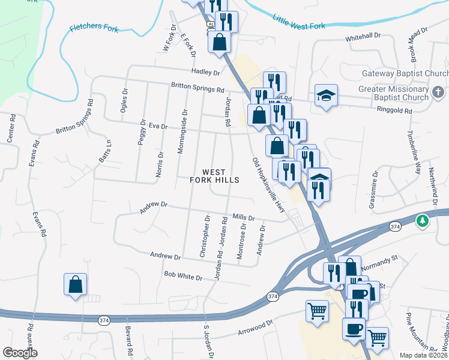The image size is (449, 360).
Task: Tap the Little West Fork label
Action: coord(298,23)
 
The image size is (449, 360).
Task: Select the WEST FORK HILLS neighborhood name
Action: coord(214,176)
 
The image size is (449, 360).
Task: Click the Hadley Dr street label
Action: coord(206,72)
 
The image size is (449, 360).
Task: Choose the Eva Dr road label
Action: coord(157,126)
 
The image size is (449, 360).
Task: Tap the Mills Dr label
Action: coord(243,218)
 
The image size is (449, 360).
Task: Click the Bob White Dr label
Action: coord(183,276)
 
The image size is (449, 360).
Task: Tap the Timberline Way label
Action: coord(414,152)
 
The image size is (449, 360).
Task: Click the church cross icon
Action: coord(438,92)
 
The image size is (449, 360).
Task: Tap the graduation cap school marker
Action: coord(326,95)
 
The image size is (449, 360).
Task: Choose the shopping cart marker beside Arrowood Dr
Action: coord(317,311)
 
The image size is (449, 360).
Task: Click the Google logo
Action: coord(20,353)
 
